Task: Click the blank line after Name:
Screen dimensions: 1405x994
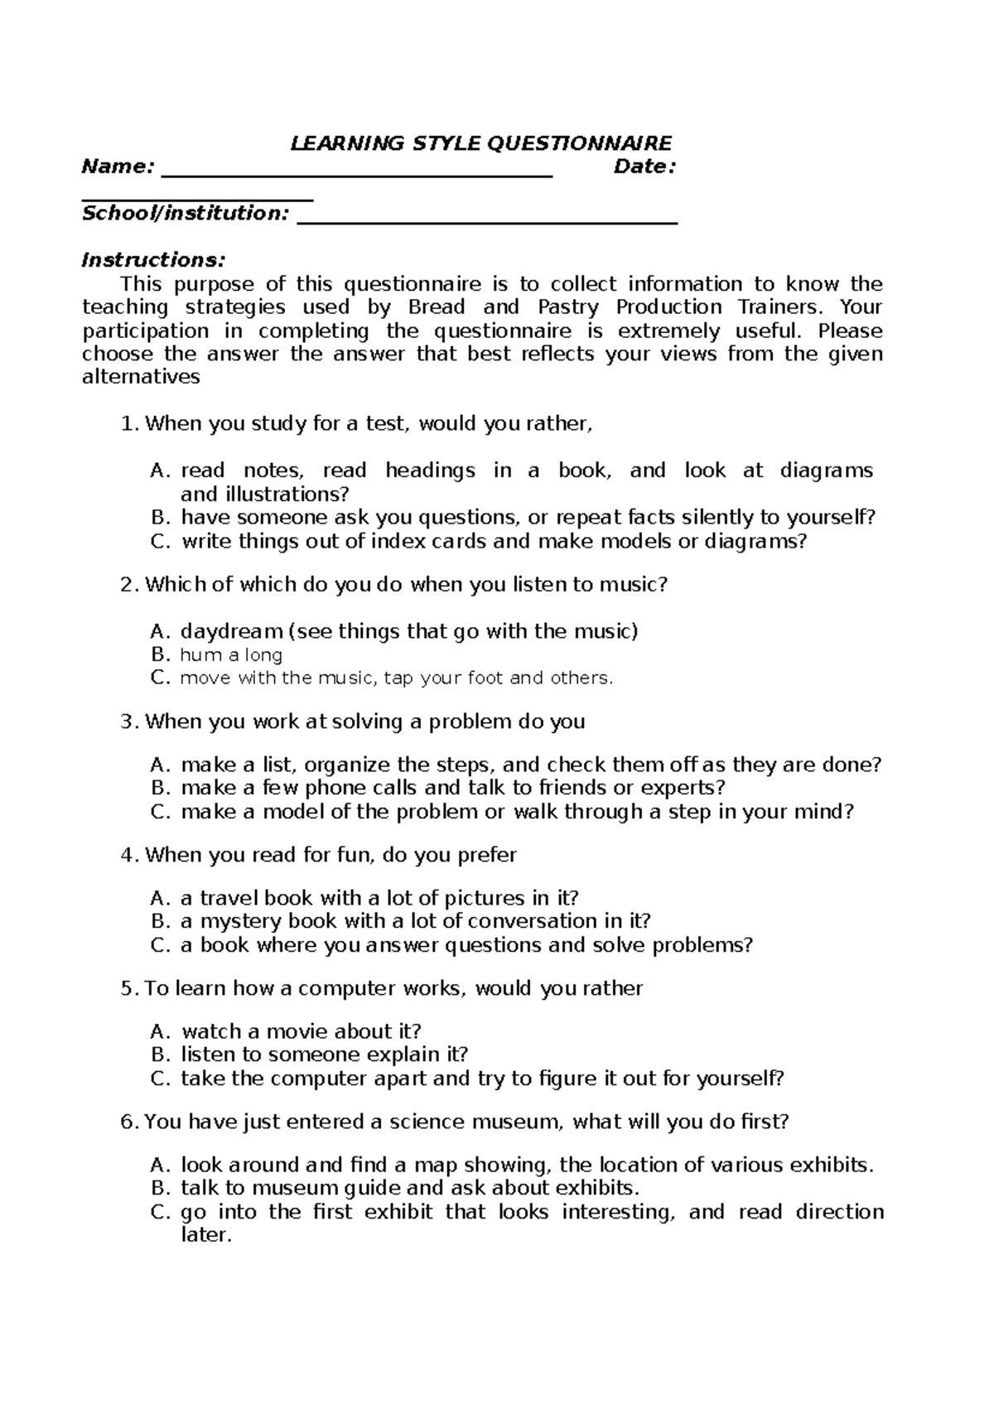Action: point(356,175)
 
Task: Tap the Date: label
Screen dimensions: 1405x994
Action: point(644,167)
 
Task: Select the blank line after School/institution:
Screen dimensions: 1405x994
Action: point(487,222)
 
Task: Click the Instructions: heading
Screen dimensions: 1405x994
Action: point(152,260)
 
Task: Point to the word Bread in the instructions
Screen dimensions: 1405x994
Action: point(437,307)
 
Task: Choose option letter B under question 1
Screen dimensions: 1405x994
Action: point(159,518)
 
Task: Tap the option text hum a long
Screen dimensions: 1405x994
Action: point(231,655)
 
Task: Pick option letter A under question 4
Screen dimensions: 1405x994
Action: point(159,899)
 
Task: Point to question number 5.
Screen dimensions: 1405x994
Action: point(127,989)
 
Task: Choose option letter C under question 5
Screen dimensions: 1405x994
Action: point(159,1079)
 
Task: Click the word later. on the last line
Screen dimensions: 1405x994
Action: point(204,1236)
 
